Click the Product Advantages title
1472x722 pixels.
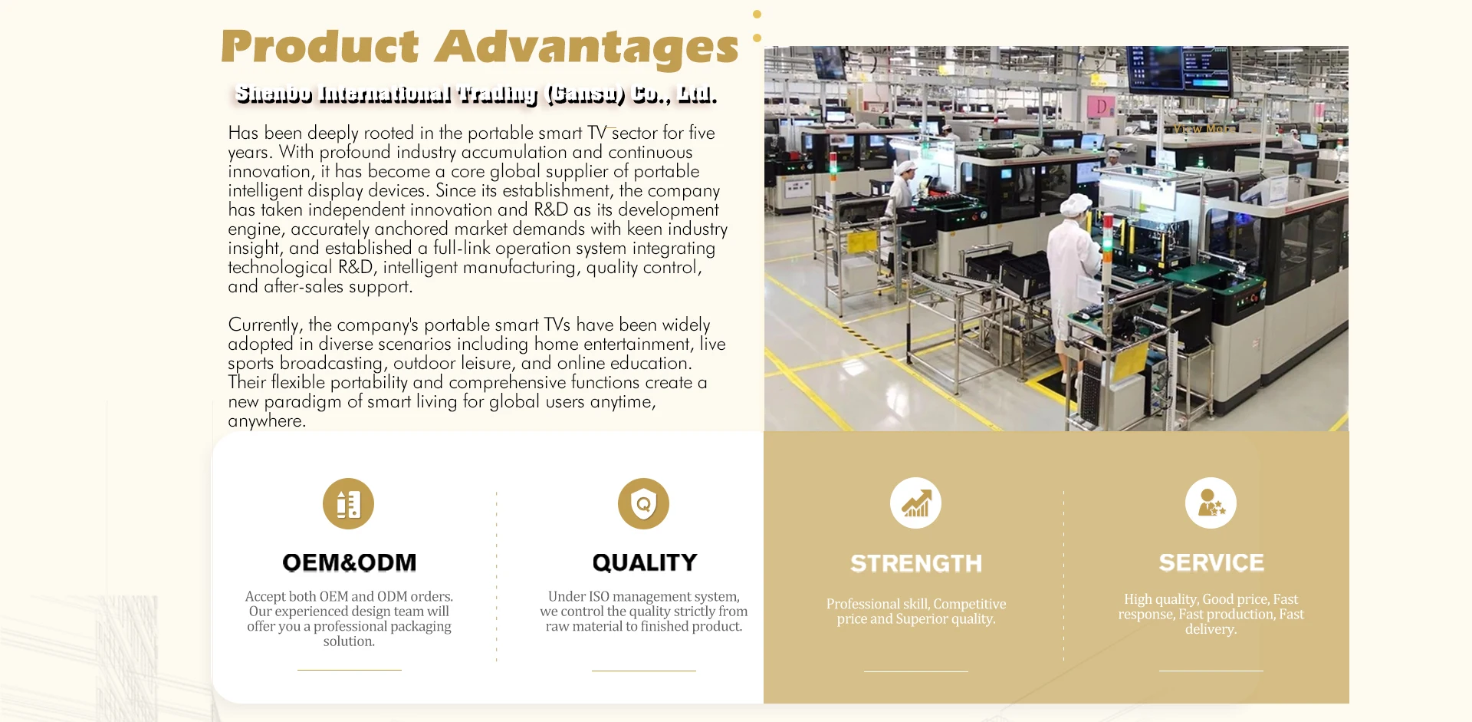coord(479,47)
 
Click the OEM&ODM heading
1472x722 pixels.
coord(350,562)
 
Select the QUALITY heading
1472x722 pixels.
coord(645,562)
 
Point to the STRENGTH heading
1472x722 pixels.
coord(916,563)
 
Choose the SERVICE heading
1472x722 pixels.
coord(1211,562)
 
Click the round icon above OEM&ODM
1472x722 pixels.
coord(348,503)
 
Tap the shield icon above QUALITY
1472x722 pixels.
coord(644,503)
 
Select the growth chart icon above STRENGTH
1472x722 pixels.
coord(915,503)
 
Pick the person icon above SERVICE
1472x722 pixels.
coord(1211,503)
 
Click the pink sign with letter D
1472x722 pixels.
coord(1101,107)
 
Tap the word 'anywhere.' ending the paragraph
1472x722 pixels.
coord(267,421)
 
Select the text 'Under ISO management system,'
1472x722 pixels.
coord(644,596)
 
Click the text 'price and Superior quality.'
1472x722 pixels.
coord(916,618)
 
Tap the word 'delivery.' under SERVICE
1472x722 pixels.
coord(1211,629)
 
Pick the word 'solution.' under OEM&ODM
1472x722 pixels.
coord(349,641)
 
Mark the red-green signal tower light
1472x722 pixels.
coord(1107,230)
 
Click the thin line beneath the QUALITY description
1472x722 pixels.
coord(644,671)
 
